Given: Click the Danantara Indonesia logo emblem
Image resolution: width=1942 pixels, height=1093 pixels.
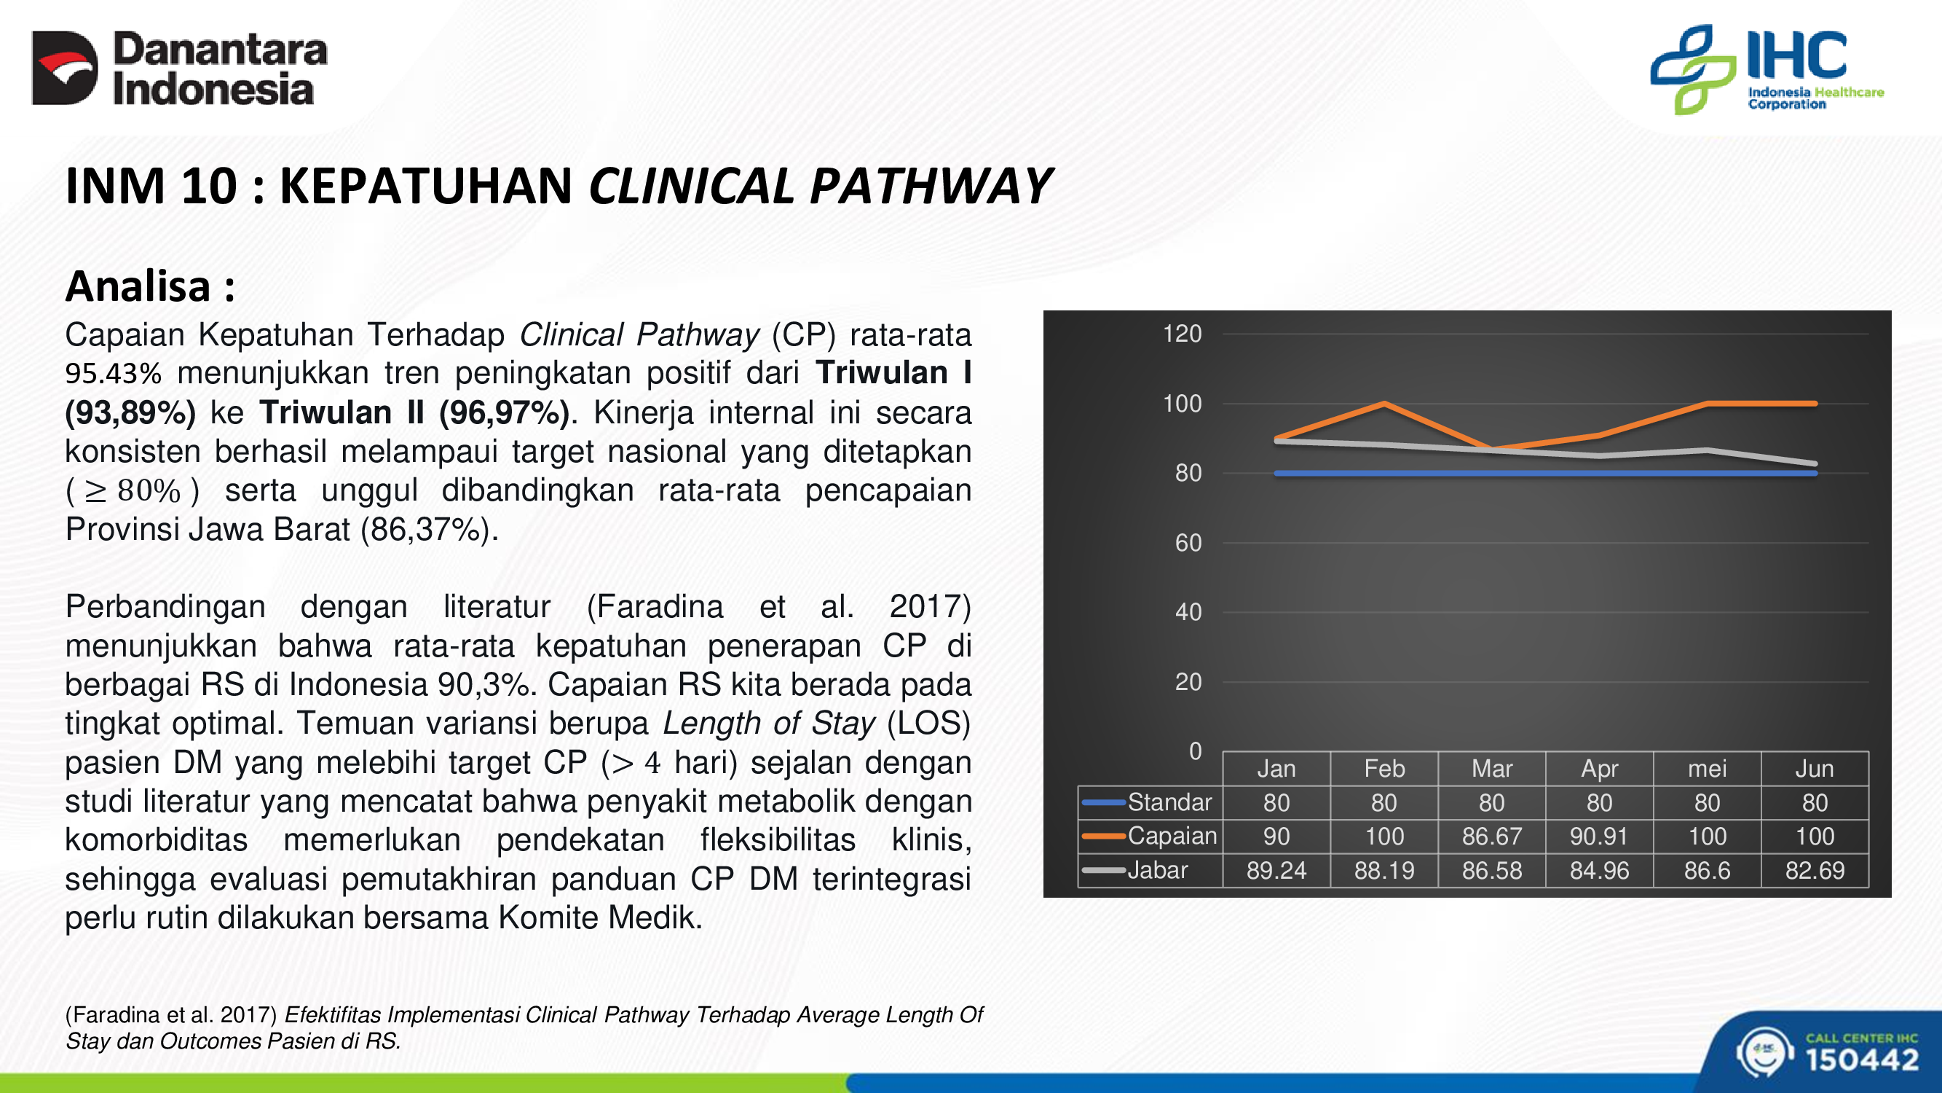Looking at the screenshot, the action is pyautogui.click(x=65, y=68).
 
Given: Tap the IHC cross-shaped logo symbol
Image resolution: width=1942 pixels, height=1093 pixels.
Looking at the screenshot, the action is pyautogui.click(x=1693, y=69).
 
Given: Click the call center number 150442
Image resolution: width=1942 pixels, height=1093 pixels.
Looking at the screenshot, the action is pyautogui.click(x=1862, y=1059).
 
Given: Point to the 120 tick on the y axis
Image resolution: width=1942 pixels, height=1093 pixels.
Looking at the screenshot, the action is pyautogui.click(x=1182, y=334).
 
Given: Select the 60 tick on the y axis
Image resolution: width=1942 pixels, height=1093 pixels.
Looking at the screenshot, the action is pyautogui.click(x=1188, y=542).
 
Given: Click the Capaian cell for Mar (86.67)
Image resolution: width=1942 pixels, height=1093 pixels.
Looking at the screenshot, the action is pyautogui.click(x=1492, y=837).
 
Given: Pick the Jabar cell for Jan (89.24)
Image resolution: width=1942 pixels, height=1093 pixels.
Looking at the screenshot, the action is pyautogui.click(x=1276, y=871).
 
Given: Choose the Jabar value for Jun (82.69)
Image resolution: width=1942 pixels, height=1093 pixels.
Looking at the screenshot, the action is pyautogui.click(x=1815, y=871).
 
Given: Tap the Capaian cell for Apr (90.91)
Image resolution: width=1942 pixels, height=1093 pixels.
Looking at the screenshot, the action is pyautogui.click(x=1599, y=837).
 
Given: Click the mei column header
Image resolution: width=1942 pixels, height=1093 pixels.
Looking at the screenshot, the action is pyautogui.click(x=1707, y=769).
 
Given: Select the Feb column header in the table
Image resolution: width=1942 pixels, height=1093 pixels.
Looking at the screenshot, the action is pyautogui.click(x=1384, y=769).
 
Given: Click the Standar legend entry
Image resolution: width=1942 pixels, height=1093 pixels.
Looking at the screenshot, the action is pyautogui.click(x=1148, y=802).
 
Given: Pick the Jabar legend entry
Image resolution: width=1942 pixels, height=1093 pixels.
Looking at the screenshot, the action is pyautogui.click(x=1135, y=871).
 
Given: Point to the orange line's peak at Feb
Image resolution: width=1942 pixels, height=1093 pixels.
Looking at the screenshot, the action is pyautogui.click(x=1384, y=404).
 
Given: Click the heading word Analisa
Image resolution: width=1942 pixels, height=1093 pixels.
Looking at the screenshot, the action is pyautogui.click(x=138, y=286).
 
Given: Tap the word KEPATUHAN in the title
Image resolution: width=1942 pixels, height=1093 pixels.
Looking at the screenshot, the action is pyautogui.click(x=426, y=186).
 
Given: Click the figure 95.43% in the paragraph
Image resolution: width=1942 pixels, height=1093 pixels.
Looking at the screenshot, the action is pyautogui.click(x=113, y=373).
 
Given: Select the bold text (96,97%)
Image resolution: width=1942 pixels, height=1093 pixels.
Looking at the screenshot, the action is pyautogui.click(x=505, y=412).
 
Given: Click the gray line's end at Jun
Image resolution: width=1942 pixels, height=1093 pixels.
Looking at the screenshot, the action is pyautogui.click(x=1815, y=464).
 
